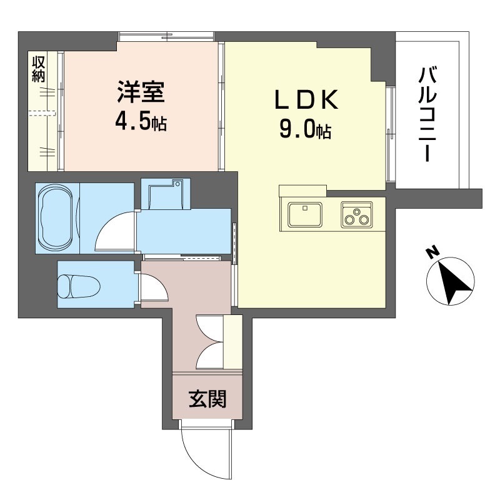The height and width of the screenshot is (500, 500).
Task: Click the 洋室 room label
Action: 141,92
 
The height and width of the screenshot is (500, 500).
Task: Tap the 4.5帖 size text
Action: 141,122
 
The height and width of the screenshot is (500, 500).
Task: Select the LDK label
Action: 306,100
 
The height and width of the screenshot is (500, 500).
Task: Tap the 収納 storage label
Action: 39,69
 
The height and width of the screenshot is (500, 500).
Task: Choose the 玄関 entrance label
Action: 207,399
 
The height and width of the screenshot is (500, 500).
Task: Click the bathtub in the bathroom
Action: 56,217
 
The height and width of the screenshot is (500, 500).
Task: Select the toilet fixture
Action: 79,286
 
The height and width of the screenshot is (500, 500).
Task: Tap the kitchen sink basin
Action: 304,214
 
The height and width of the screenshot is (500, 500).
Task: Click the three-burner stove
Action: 356,214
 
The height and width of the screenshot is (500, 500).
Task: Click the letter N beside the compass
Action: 433,253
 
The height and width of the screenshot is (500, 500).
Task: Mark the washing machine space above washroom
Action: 166,194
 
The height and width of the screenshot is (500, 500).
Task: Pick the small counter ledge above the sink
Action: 302,191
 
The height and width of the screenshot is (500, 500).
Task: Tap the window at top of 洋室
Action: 166,37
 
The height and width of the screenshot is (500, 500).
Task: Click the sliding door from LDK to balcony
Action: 390,134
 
